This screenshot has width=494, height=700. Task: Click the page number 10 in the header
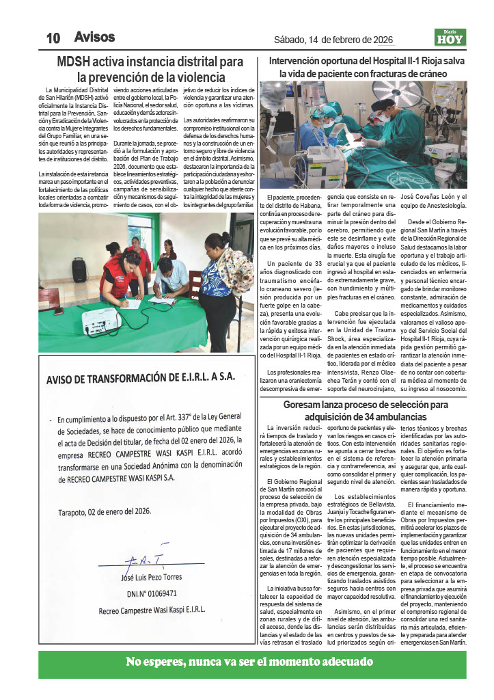coord(53,38)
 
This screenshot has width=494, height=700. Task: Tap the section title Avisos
coord(94,37)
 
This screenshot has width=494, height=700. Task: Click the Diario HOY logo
coord(450,37)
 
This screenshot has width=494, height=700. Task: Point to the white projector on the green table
coord(101,321)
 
